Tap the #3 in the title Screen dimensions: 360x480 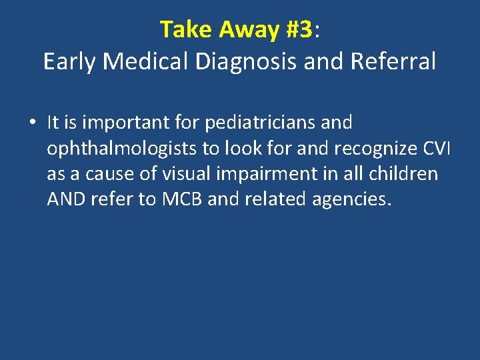click(x=299, y=29)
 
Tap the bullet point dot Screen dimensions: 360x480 click(x=33, y=123)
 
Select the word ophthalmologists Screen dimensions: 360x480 click(x=114, y=149)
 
